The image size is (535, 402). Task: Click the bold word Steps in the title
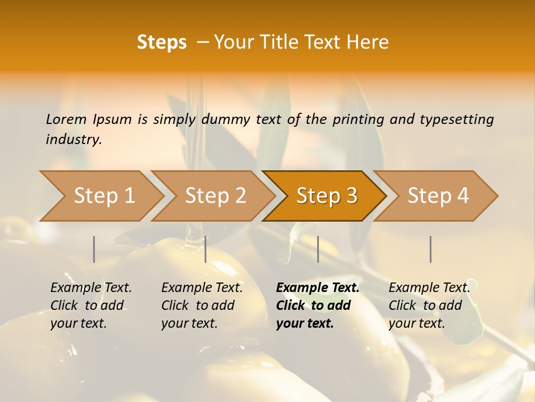[x=162, y=42]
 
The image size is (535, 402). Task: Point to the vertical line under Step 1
[x=94, y=249]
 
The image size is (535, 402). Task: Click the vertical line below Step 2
[x=206, y=249]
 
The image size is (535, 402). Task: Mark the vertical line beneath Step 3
[x=318, y=249]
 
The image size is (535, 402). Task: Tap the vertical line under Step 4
[x=431, y=249]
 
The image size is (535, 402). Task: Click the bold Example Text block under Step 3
[x=318, y=305]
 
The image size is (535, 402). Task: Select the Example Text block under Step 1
[x=91, y=305]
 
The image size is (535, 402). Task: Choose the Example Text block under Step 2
[x=202, y=305]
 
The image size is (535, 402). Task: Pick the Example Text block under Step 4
[x=429, y=305]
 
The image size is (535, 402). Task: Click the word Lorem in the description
[x=66, y=119]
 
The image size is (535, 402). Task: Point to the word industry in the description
[x=74, y=140]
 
